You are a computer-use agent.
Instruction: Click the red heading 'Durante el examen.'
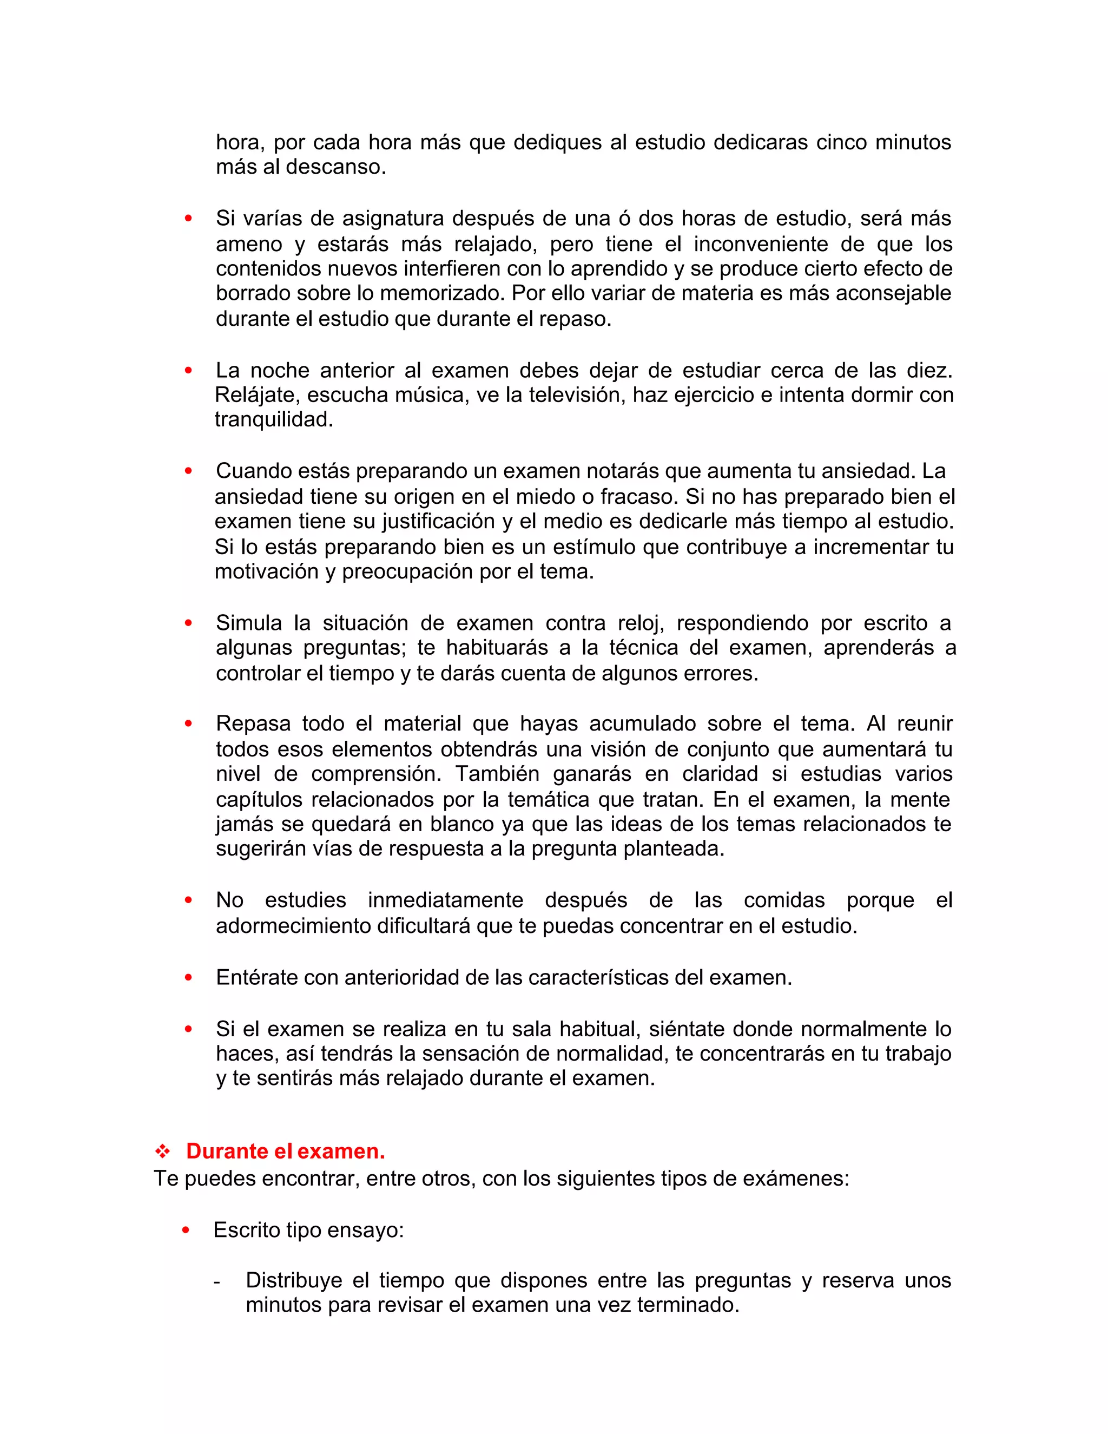[286, 1151]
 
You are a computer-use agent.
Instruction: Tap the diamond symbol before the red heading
[162, 1151]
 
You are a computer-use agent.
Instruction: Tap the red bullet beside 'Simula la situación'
[188, 622]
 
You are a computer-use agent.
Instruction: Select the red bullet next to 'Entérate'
[188, 978]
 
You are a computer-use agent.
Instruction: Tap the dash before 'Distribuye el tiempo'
[217, 1281]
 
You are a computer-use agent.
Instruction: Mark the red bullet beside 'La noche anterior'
[188, 370]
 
